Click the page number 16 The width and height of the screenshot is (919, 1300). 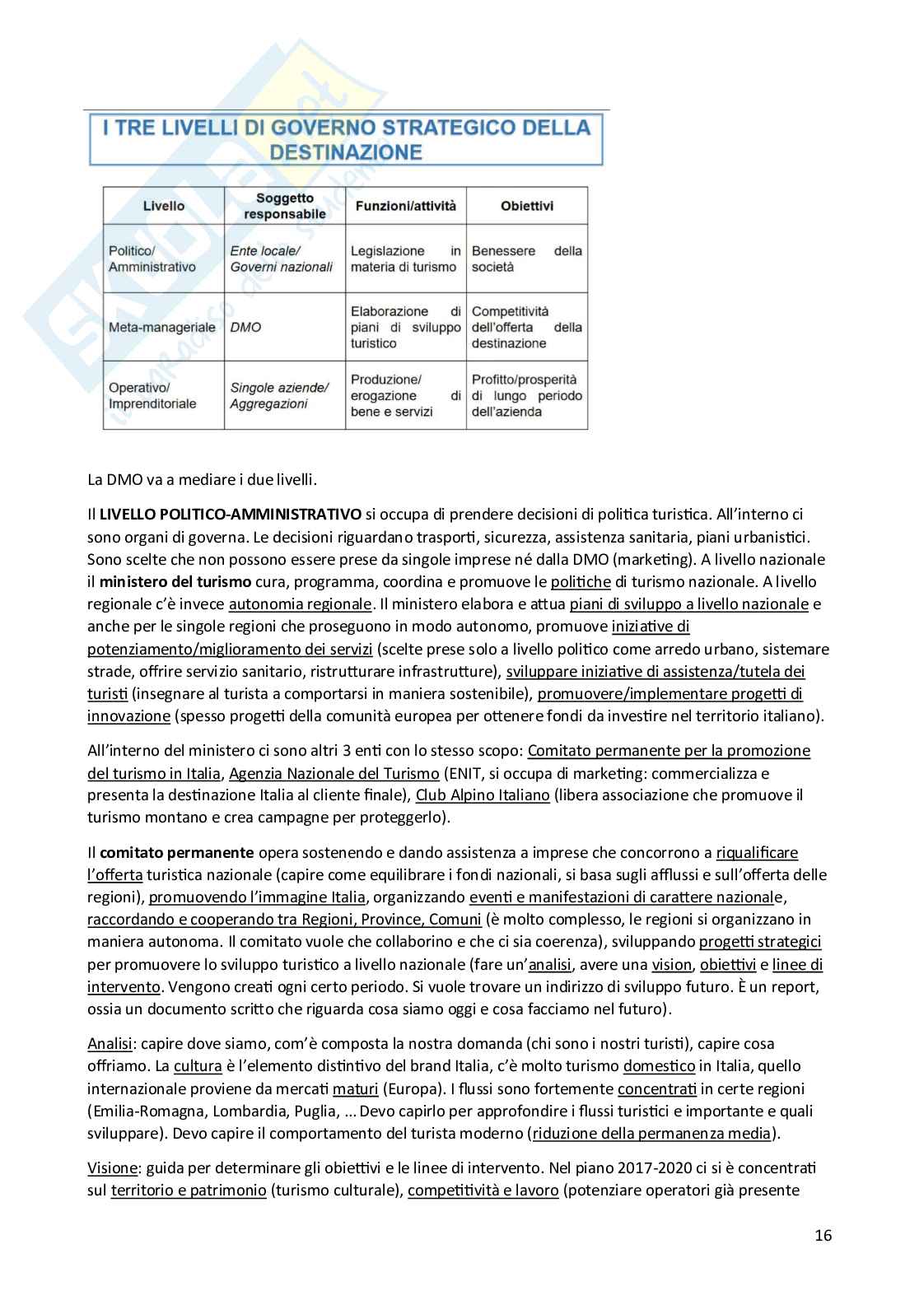[x=823, y=1235]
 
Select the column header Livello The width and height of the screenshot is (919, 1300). [x=164, y=206]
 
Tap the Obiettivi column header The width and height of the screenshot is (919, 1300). [x=527, y=206]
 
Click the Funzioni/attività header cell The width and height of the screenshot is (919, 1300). [x=405, y=206]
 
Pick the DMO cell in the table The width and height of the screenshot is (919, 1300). [x=245, y=327]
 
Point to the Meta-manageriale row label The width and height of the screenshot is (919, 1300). [x=161, y=327]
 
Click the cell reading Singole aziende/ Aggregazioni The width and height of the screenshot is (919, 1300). [x=279, y=395]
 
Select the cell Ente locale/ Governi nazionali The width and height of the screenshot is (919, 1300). [x=281, y=259]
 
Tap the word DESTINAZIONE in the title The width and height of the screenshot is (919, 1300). [x=346, y=152]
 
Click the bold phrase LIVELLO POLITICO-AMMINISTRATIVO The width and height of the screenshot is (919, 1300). [x=231, y=515]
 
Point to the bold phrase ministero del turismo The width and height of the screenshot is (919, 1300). [x=175, y=582]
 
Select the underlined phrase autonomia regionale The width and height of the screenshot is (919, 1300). [x=300, y=604]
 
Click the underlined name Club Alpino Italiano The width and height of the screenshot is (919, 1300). [x=483, y=795]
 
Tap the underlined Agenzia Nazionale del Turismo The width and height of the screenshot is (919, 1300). [x=334, y=773]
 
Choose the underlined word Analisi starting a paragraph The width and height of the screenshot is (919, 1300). [x=110, y=1044]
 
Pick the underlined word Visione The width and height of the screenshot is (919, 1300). [x=112, y=1168]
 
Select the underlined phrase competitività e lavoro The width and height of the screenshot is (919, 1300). [x=483, y=1191]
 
